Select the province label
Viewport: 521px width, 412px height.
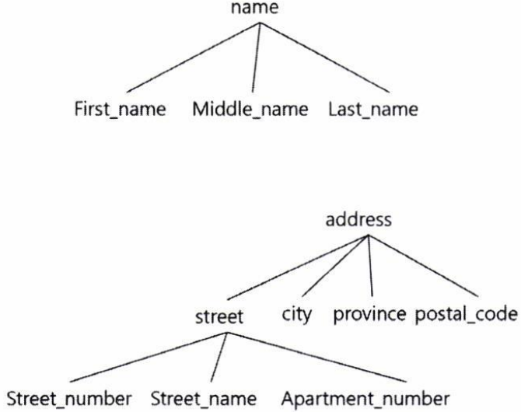pos(370,315)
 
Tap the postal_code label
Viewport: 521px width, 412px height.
pos(466,315)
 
